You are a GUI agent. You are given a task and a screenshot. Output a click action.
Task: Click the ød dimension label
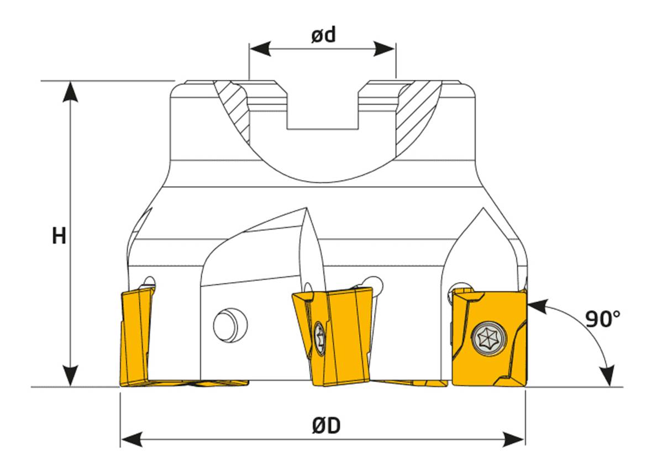point(323,35)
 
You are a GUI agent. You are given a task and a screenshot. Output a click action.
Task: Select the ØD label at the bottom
point(327,426)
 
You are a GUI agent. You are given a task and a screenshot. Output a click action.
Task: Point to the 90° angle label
point(603,319)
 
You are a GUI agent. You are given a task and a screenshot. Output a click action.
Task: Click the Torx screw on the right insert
point(488,339)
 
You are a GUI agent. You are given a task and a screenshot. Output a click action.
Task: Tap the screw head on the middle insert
point(319,338)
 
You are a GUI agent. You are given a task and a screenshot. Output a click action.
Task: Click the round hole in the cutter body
point(230,325)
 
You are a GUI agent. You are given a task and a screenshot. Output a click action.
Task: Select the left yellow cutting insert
point(137,336)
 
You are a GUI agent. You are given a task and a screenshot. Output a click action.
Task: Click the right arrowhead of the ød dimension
point(385,49)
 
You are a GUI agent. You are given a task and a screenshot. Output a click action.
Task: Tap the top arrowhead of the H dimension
point(70,92)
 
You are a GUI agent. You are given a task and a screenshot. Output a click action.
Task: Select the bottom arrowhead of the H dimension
point(70,375)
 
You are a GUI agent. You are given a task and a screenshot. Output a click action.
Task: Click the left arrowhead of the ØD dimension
point(132,440)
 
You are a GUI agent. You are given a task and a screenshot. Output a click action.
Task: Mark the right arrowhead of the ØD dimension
point(514,440)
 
